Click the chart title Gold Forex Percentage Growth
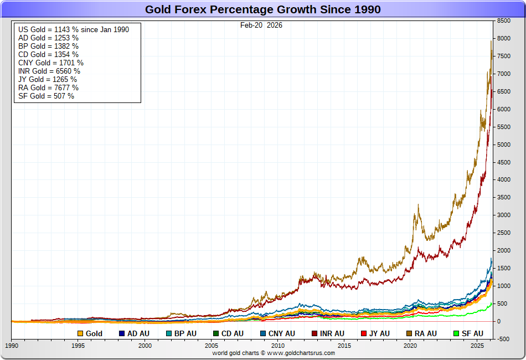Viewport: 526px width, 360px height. (x=262, y=9)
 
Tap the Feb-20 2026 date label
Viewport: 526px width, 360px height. (x=261, y=25)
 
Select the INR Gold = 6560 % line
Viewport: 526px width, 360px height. (x=49, y=71)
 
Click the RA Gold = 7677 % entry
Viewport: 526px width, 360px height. (x=48, y=88)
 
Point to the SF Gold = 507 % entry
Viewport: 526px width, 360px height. (x=46, y=96)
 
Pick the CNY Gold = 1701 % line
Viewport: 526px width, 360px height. (x=51, y=63)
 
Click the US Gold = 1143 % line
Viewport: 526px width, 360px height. (x=74, y=29)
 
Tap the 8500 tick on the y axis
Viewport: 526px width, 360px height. (x=503, y=20)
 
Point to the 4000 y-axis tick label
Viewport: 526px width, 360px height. (x=503, y=180)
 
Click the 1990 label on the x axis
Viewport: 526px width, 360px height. (x=12, y=346)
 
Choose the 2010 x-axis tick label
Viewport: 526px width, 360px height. (x=277, y=346)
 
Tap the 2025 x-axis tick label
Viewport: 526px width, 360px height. (x=477, y=346)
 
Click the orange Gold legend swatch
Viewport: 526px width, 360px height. (x=80, y=333)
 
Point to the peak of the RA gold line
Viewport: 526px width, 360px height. (x=491, y=41)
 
